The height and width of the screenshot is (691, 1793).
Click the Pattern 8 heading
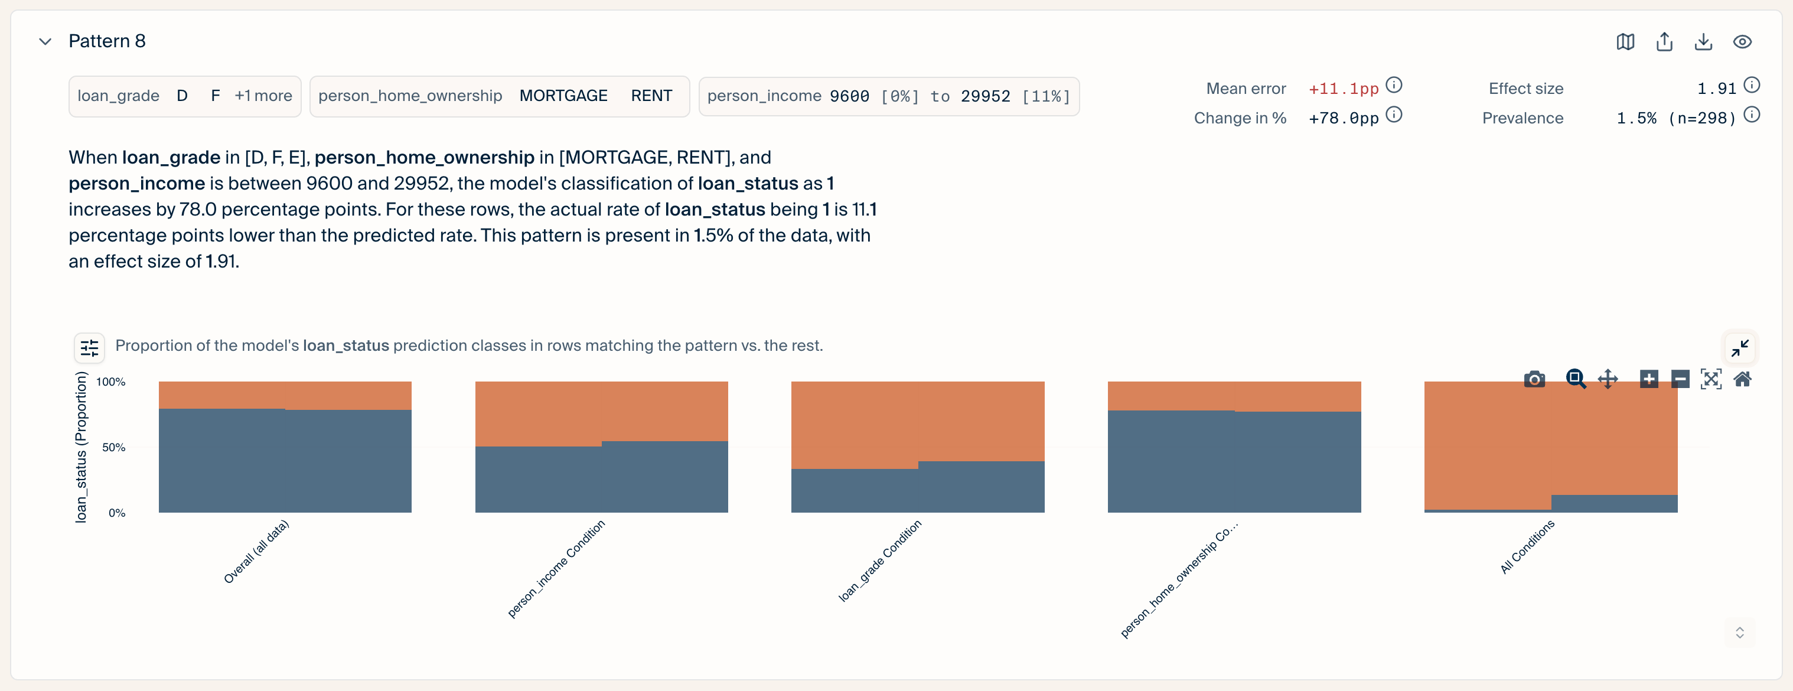[107, 41]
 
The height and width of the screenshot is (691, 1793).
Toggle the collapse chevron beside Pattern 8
[45, 42]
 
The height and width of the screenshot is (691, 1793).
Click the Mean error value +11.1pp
[1344, 89]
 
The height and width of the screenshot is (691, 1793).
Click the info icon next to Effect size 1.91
[1752, 85]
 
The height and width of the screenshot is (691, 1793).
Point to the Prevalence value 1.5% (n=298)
[1676, 118]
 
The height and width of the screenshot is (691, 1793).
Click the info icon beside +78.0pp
[1394, 114]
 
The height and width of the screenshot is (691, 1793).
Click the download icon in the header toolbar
[1703, 42]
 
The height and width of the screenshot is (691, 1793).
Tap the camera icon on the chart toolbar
[1534, 379]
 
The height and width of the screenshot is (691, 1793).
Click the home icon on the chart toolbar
[1742, 379]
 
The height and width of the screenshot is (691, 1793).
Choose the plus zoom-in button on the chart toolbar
[1649, 379]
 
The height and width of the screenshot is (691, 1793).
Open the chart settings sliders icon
[90, 347]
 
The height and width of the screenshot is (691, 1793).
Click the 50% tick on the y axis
[113, 448]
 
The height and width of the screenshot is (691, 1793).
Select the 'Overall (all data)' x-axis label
[256, 551]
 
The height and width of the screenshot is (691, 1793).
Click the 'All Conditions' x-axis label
[1527, 546]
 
